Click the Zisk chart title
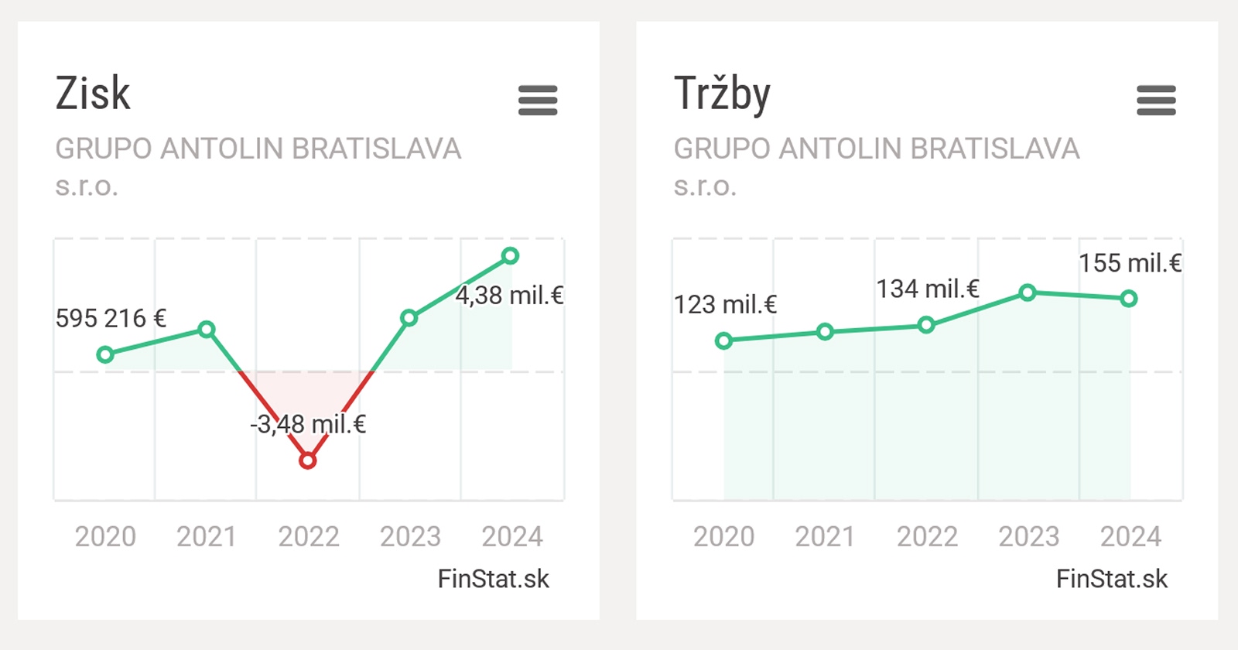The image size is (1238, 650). [x=93, y=94]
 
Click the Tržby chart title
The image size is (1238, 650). [x=722, y=94]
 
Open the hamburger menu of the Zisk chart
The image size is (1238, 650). [x=538, y=101]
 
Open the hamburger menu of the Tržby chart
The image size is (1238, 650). [x=1156, y=101]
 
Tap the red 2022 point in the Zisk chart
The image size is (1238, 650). [x=308, y=461]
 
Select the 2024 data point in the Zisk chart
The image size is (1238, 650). [x=510, y=255]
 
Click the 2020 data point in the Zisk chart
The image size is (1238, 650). [x=105, y=355]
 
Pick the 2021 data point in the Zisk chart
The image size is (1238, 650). [x=207, y=330]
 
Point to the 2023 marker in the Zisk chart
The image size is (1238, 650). [x=409, y=318]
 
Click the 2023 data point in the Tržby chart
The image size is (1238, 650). [x=1028, y=292]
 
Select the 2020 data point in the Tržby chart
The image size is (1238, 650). [x=723, y=340]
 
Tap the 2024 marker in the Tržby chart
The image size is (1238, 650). [x=1129, y=299]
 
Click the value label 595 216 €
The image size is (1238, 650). [x=111, y=318]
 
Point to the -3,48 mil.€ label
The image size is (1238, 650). [x=308, y=424]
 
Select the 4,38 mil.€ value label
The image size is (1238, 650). [x=509, y=296]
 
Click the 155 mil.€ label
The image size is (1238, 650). [x=1130, y=263]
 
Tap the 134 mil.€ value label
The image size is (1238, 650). [x=928, y=289]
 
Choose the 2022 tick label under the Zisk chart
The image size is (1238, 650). [x=309, y=536]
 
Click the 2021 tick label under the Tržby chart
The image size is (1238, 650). [x=825, y=536]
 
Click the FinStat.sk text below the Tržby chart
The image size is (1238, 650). [x=1112, y=579]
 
